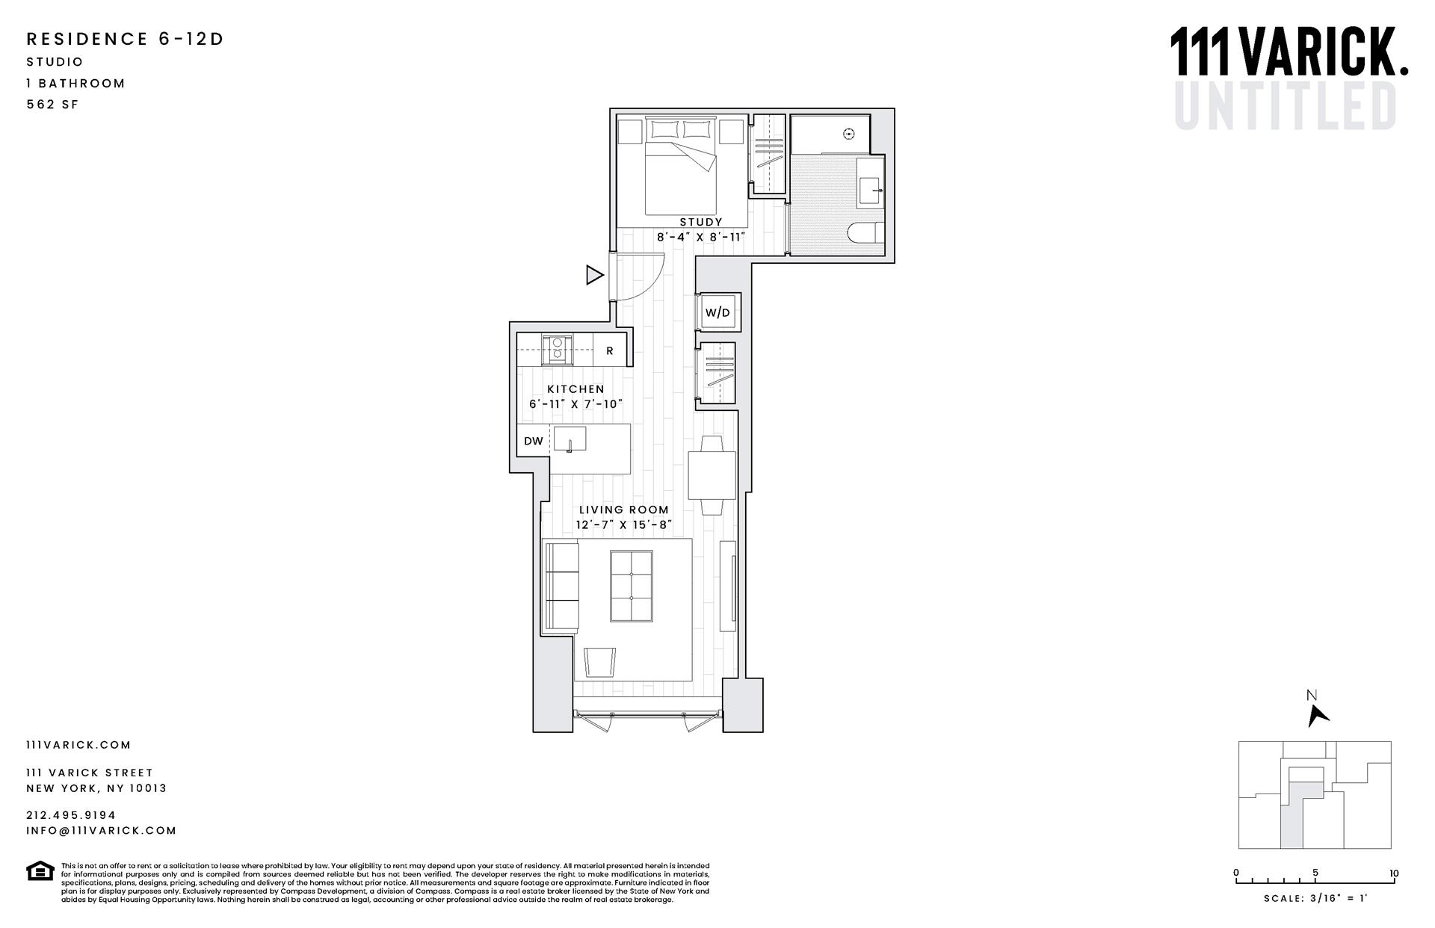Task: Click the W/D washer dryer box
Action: coord(717,312)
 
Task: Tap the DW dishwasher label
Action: coord(533,441)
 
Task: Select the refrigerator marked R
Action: coord(610,350)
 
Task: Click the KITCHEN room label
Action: coord(575,389)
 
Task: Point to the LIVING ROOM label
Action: coord(623,510)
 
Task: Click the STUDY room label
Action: coord(701,222)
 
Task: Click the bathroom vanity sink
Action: coord(871,190)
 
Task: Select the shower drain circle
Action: coord(848,134)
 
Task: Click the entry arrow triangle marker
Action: coord(594,275)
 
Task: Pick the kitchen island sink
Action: coord(570,439)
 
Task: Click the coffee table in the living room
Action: coord(632,586)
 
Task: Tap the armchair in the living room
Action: coord(599,662)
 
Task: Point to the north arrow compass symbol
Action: coord(1317,715)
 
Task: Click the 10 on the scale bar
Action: coord(1394,873)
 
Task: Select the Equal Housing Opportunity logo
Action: coord(40,871)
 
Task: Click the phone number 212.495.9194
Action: coord(71,815)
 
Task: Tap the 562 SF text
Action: coord(52,105)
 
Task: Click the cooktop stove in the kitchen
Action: coord(557,349)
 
